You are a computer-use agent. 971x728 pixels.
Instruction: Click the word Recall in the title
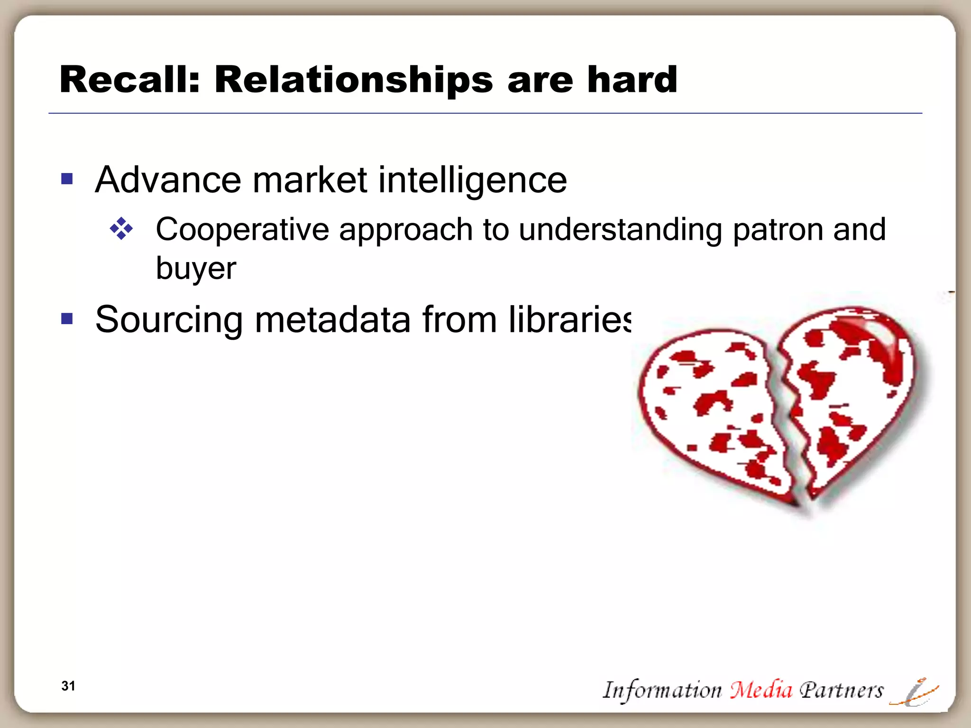coord(126,80)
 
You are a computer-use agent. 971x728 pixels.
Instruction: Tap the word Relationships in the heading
coord(353,81)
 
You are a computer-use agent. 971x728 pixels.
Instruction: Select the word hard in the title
coord(632,80)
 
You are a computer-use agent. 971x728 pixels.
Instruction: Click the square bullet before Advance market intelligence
coord(67,179)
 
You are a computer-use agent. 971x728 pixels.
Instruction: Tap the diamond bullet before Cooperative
coord(121,229)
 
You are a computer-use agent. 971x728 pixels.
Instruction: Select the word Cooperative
coord(242,230)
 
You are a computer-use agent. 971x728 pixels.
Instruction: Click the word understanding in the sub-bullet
coord(620,230)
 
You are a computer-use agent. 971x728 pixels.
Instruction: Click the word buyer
coord(195,269)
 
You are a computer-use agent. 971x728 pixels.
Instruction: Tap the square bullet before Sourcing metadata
coord(67,319)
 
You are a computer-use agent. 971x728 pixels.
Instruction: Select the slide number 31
coord(68,686)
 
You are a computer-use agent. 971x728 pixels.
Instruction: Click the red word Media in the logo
coord(760,690)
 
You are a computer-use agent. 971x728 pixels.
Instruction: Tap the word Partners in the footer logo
coord(841,690)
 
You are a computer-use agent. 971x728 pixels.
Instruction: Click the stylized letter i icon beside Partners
coord(914,692)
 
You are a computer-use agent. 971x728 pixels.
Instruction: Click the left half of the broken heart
coord(711,408)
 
